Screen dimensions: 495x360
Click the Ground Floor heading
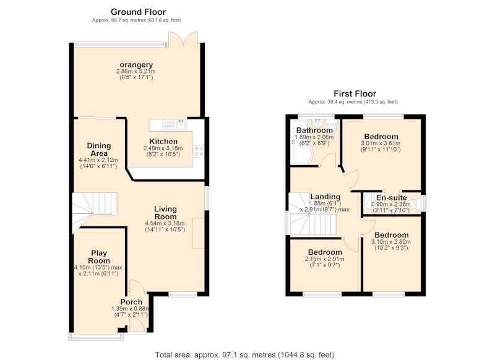138,12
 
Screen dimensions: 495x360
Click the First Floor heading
355,93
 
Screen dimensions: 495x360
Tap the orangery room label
136,65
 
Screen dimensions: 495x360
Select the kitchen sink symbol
181,124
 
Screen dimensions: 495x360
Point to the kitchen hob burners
198,151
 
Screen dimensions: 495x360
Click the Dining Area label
99,150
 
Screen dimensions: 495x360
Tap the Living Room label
165,213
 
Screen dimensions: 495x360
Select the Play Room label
99,257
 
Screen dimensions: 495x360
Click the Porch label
131,302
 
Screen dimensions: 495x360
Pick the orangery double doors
183,39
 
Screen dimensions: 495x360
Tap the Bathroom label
314,131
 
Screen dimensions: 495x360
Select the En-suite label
392,198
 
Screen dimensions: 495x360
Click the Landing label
325,197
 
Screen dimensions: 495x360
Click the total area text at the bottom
244,354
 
